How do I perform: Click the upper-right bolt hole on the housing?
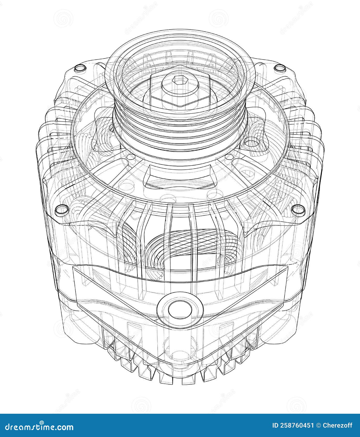(280, 68)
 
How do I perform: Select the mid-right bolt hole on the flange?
(298, 208)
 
